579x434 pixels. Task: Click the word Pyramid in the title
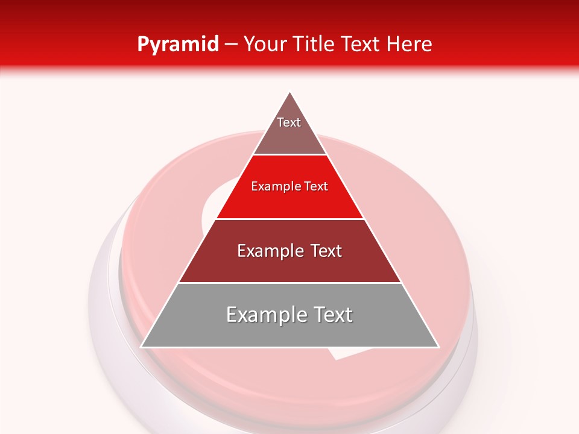tap(178, 44)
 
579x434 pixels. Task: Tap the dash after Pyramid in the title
tap(231, 44)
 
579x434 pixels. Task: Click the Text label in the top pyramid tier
tap(289, 122)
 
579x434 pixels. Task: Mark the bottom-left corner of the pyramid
tap(141, 347)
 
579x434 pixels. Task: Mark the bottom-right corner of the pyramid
tap(438, 347)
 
